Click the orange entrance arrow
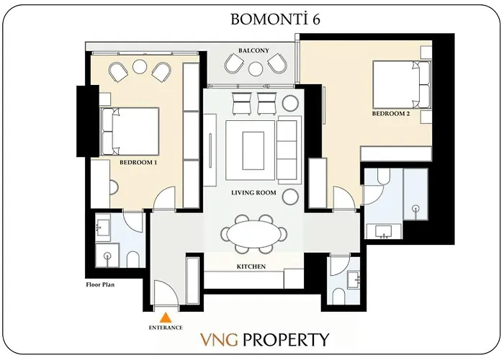[166, 318]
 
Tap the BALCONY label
[253, 51]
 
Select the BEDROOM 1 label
[138, 162]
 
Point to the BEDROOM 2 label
[391, 114]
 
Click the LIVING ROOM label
[253, 193]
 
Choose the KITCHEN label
[251, 266]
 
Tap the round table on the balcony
[256, 69]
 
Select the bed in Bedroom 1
[130, 132]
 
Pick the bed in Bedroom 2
[401, 85]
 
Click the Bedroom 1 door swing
[164, 199]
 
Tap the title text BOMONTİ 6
[275, 19]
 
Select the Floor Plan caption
[100, 284]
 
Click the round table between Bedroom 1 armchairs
[140, 66]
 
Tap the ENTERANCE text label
[166, 328]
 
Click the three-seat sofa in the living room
[289, 150]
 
